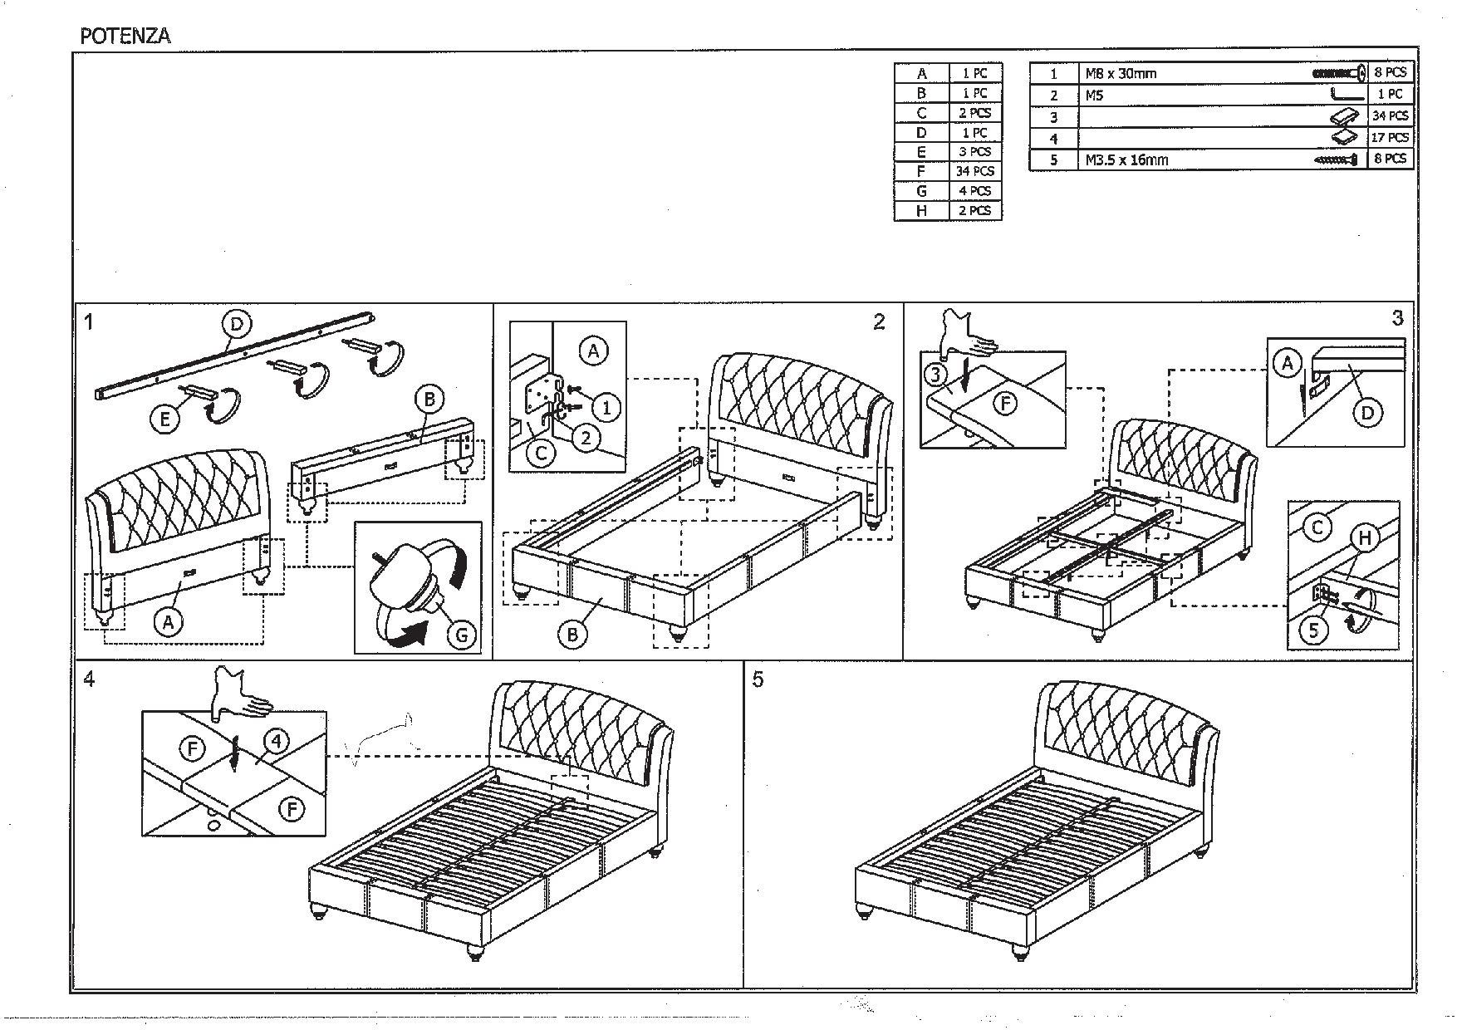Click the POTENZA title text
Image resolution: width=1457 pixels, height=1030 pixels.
pyautogui.click(x=125, y=36)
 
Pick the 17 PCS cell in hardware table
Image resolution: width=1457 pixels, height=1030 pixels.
pyautogui.click(x=1389, y=137)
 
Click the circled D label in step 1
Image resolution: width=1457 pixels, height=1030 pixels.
pyautogui.click(x=237, y=324)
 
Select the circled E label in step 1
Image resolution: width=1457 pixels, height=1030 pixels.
pyautogui.click(x=165, y=419)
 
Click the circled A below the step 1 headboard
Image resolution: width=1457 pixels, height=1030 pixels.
pyautogui.click(x=169, y=621)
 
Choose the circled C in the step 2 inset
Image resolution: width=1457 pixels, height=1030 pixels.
pyautogui.click(x=541, y=454)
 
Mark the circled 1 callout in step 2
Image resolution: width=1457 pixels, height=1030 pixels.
pyautogui.click(x=606, y=407)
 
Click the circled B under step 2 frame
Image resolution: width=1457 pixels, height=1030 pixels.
pyautogui.click(x=572, y=635)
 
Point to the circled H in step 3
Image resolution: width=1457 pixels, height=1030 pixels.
pyautogui.click(x=1364, y=538)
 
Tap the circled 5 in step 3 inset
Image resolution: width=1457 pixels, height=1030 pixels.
pyautogui.click(x=1314, y=630)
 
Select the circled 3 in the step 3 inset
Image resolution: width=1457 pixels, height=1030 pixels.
pyautogui.click(x=937, y=375)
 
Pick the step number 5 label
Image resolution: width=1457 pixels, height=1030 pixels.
pyautogui.click(x=757, y=679)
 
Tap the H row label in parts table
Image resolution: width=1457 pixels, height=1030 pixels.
pyautogui.click(x=920, y=211)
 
